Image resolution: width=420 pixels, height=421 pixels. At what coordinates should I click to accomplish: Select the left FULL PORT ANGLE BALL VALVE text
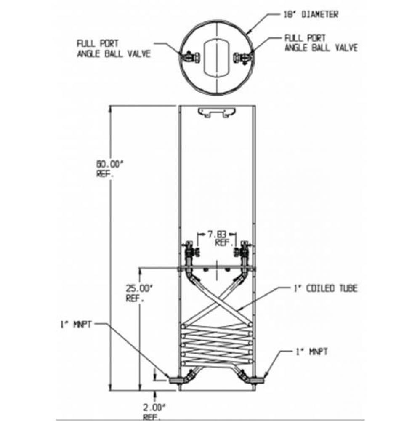tap(113, 49)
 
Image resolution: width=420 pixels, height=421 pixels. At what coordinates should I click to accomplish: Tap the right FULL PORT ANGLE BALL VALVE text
tap(321, 43)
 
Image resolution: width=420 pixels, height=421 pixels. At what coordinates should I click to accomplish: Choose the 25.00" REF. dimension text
tap(138, 293)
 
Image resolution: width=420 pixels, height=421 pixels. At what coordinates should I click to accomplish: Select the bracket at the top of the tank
tap(215, 112)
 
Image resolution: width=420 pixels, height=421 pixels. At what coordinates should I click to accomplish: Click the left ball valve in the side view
tap(191, 252)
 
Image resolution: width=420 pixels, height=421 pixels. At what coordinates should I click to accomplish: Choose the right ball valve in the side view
tap(243, 252)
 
